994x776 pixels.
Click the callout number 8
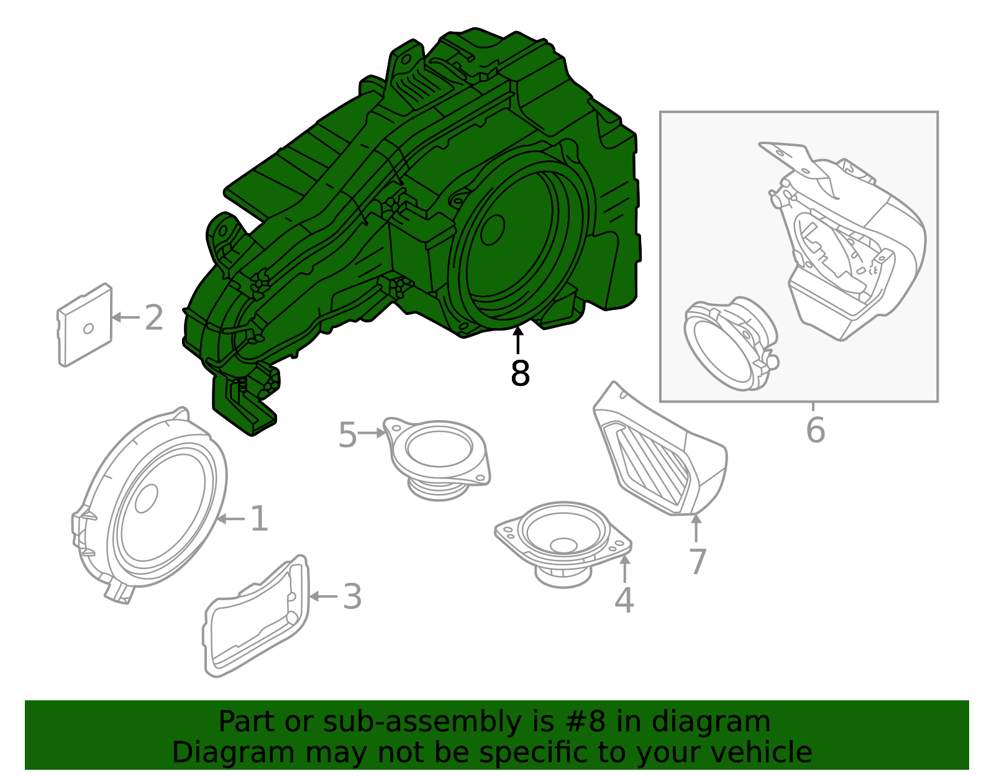tap(520, 374)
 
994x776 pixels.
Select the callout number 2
tap(153, 317)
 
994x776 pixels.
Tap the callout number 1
tap(258, 519)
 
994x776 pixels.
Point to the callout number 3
tap(352, 596)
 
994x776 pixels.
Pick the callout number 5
tap(347, 435)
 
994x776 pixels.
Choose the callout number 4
tap(624, 600)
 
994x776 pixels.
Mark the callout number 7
tap(698, 562)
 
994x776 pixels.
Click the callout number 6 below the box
tap(815, 430)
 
